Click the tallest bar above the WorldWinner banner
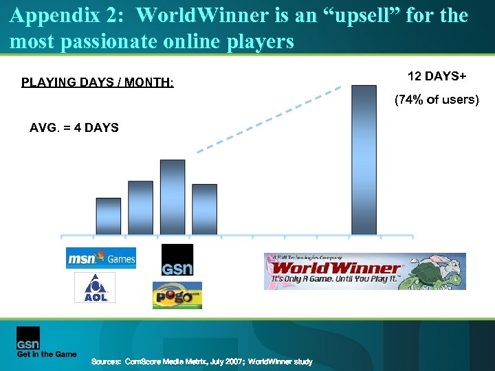364,159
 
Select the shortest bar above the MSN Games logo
108,216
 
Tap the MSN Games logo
100,258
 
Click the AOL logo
94,288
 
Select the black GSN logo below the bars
177,260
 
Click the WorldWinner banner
364,271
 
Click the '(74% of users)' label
436,100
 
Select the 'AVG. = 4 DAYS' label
74,128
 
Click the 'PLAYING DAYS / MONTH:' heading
98,83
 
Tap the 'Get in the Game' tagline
47,355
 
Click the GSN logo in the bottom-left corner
28,338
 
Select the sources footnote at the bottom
202,361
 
